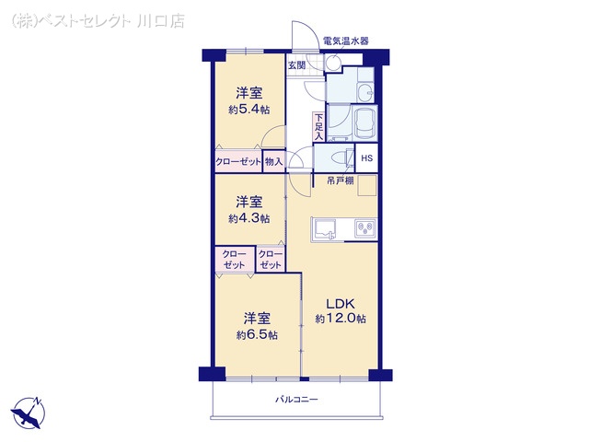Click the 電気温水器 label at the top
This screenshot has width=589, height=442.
pyautogui.click(x=345, y=41)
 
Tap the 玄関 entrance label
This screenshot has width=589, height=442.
pyautogui.click(x=296, y=65)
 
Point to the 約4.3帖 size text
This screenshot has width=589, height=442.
pyautogui.click(x=248, y=218)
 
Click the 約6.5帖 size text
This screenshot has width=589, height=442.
pyautogui.click(x=257, y=334)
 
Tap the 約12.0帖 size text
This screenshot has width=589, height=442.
pyautogui.click(x=341, y=320)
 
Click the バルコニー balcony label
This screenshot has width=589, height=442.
pyautogui.click(x=296, y=400)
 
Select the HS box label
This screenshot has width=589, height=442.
pyautogui.click(x=366, y=158)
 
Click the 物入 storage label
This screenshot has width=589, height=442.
pyautogui.click(x=273, y=162)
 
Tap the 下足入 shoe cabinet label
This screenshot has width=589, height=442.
pyautogui.click(x=318, y=126)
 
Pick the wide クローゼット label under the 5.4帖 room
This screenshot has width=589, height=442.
pyautogui.click(x=238, y=162)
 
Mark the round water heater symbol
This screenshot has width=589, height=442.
pyautogui.click(x=332, y=63)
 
